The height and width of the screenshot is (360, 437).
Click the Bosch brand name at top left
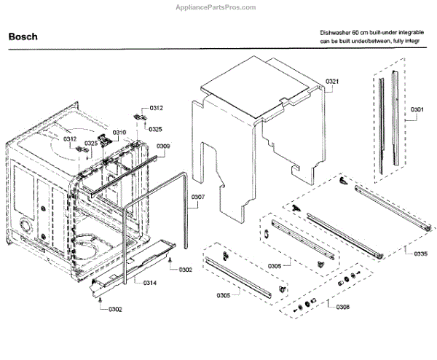coord(23,36)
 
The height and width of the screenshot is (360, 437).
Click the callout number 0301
coord(417,110)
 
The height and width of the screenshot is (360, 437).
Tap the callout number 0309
coord(163,146)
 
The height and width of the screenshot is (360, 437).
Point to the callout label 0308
coord(343,307)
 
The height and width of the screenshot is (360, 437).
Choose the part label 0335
coord(420,254)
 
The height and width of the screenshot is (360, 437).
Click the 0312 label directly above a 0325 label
coord(156,108)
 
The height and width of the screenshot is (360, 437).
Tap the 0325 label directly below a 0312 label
coord(156,129)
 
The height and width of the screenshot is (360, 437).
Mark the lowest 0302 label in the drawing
coord(115,310)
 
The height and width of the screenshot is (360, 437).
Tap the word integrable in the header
coord(418,33)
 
